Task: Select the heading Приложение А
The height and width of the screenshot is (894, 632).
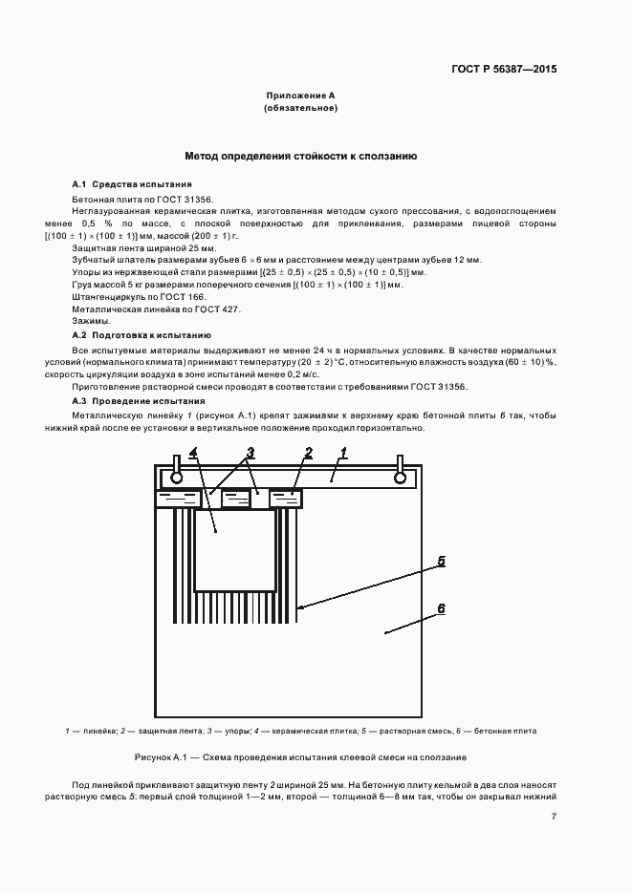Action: click(x=300, y=96)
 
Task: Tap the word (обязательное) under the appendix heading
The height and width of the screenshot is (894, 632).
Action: click(x=300, y=109)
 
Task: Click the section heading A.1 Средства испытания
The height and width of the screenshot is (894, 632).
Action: click(x=132, y=183)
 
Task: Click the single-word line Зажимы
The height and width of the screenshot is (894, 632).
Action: click(x=91, y=322)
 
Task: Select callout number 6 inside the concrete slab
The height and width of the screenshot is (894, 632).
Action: click(x=442, y=607)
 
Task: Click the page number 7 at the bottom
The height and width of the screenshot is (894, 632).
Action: click(x=554, y=817)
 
